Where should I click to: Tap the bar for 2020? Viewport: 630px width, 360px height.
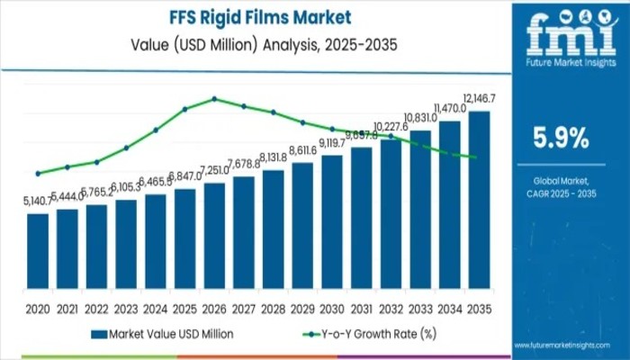(38, 256)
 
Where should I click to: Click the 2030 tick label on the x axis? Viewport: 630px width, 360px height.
(332, 308)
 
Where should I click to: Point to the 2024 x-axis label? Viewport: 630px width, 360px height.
(156, 308)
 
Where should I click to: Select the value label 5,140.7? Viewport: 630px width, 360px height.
(38, 202)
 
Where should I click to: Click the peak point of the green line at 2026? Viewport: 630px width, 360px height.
(214, 99)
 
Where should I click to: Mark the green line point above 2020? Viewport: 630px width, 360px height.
(38, 174)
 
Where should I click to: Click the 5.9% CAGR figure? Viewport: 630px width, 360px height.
(562, 138)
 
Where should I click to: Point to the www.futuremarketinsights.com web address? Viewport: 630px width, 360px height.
(570, 346)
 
